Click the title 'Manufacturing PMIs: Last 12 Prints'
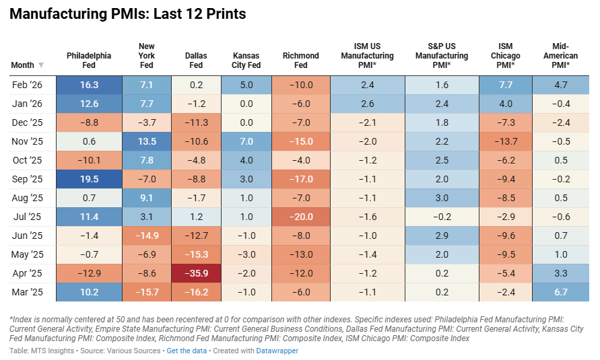(x=127, y=14)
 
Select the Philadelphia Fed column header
(x=89, y=61)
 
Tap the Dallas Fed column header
(x=196, y=61)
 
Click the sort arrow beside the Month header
(x=41, y=65)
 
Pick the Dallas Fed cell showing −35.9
(x=196, y=274)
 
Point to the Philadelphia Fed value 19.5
(x=89, y=180)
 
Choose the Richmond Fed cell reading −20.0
(x=300, y=217)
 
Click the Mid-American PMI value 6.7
(x=560, y=293)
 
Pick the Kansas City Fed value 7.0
(x=246, y=142)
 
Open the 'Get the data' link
(x=187, y=351)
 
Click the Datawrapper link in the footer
(x=277, y=351)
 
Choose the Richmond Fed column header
(x=300, y=61)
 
